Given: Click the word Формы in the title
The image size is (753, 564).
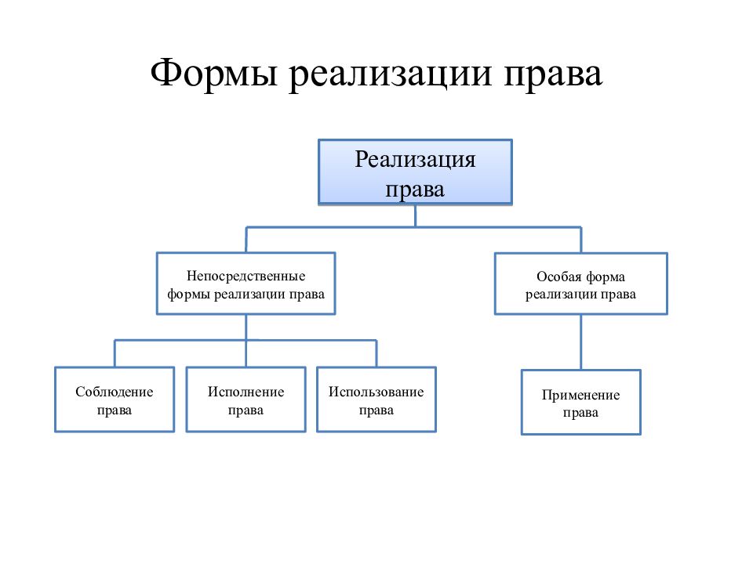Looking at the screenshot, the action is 213,74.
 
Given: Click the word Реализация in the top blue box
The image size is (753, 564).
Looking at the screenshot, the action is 415,161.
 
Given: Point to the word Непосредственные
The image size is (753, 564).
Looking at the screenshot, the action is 246,277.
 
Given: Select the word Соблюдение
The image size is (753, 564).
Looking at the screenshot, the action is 115,392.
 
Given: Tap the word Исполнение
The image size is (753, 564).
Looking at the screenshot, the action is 246,392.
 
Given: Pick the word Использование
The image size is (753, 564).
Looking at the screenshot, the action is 376,392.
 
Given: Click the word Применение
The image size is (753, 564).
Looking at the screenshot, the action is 580,395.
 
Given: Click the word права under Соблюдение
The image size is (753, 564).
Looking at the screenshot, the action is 115,410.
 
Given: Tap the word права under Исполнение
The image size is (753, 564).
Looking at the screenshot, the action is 246,410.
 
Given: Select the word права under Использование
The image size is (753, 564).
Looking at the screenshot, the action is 376,410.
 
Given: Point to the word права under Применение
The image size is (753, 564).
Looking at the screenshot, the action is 580,414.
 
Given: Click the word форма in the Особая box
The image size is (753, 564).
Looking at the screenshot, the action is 606,277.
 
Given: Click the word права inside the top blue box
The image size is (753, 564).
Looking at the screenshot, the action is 415,190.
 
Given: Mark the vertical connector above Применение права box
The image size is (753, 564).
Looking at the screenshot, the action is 581,342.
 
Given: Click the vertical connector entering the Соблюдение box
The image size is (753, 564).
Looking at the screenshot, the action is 115,353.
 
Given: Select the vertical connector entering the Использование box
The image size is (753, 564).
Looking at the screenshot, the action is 376,353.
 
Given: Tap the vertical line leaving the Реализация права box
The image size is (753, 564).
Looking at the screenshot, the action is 416,216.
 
